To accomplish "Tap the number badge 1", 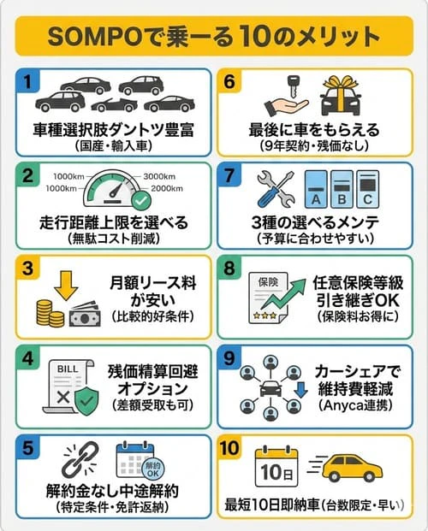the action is point(27,81).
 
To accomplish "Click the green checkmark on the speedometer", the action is point(140,200).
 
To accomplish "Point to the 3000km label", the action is point(159,176).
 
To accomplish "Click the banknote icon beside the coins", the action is point(85,315).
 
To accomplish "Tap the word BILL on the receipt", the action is point(68,369).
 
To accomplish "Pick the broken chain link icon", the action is point(80,460).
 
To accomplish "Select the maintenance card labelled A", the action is point(316,189).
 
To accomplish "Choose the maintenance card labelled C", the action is point(367,189).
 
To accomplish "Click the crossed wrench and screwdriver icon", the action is point(276,189).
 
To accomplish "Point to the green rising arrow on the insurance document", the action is point(282,294).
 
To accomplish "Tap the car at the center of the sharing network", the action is point(270,388).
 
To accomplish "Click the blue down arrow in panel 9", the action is point(300,390).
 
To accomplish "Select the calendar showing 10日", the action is point(276,467).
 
